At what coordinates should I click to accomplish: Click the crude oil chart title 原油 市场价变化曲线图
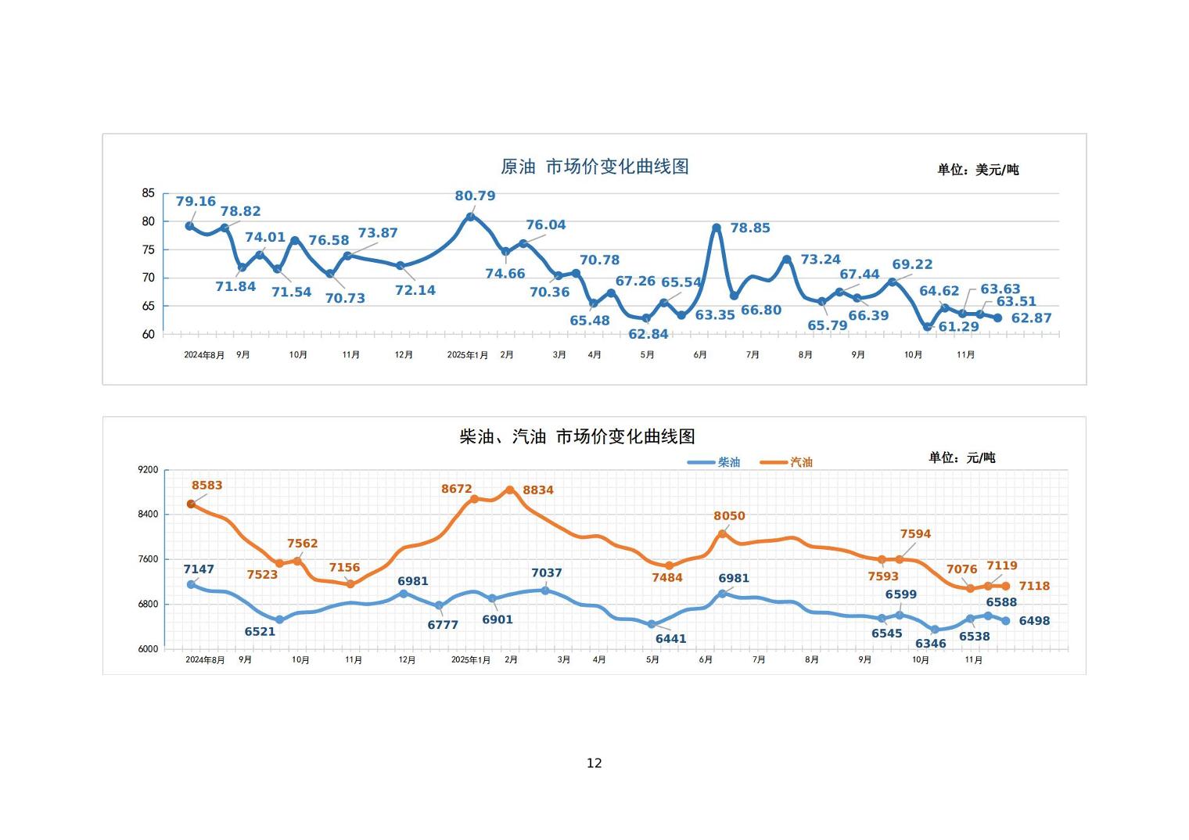pos(594,167)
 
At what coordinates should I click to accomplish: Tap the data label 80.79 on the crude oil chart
pos(475,196)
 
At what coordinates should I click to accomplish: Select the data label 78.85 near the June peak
pos(749,228)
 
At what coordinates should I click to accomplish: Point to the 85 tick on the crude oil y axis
pos(149,193)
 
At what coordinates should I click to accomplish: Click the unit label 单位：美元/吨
pos(978,170)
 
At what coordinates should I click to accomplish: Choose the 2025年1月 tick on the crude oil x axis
pos(467,355)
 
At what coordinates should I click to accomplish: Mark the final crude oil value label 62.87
pos(1031,318)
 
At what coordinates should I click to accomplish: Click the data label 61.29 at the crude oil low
pos(958,327)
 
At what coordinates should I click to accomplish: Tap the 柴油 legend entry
pos(714,462)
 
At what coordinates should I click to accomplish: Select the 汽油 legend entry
pos(787,462)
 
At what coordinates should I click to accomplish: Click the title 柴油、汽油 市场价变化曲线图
pos(577,436)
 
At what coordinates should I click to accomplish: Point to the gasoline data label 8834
pos(537,490)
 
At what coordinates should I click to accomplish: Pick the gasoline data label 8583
pos(207,485)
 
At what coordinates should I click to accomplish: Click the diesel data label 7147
pos(199,569)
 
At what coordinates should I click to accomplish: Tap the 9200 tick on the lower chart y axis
pos(148,470)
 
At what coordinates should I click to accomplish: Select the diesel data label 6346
pos(930,644)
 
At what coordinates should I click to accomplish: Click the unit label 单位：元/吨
pos(961,458)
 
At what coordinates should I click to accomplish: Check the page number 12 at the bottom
pos(594,763)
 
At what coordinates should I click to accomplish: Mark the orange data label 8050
pos(729,516)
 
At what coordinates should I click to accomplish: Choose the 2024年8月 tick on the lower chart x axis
pos(205,660)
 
